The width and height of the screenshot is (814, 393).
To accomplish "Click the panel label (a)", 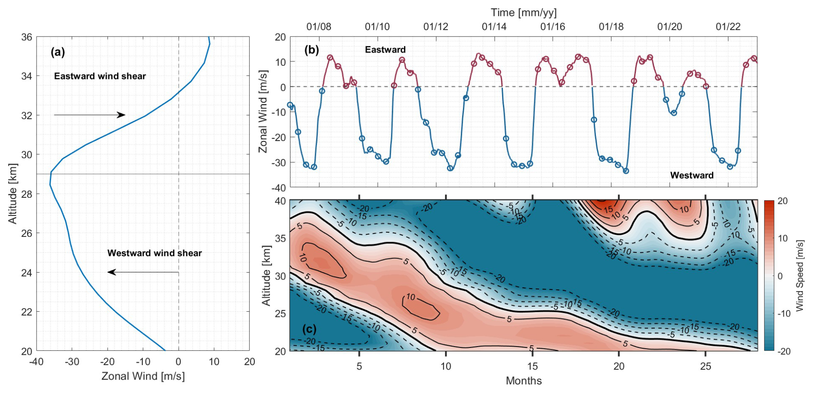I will pyautogui.click(x=58, y=52).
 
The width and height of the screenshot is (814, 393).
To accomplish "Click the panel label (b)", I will pyautogui.click(x=311, y=50).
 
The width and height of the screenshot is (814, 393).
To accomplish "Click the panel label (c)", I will pyautogui.click(x=309, y=329).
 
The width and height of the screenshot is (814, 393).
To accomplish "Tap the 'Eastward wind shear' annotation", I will pyautogui.click(x=100, y=76).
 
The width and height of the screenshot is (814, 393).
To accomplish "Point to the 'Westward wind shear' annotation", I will pyautogui.click(x=154, y=253).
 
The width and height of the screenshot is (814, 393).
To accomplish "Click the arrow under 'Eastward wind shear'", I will pyautogui.click(x=89, y=115).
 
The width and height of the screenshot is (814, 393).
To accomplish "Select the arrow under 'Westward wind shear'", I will pyautogui.click(x=143, y=272).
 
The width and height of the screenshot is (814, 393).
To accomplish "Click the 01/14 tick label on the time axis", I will pyautogui.click(x=494, y=27).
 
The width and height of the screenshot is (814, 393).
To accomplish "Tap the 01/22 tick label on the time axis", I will pyautogui.click(x=728, y=27).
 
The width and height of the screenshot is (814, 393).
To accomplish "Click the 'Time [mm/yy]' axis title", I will pyautogui.click(x=524, y=12).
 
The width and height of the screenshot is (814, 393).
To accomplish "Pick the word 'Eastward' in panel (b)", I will pyautogui.click(x=385, y=49).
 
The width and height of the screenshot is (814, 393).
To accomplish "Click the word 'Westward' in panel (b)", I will pyautogui.click(x=692, y=175).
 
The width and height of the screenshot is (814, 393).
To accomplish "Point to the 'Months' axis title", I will pyautogui.click(x=524, y=381).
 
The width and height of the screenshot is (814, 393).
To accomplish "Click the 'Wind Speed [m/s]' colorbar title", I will pyautogui.click(x=799, y=276).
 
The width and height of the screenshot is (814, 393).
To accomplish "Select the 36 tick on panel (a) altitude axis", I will pyautogui.click(x=27, y=37).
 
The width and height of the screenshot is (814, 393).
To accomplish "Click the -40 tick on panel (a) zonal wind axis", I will pyautogui.click(x=36, y=362).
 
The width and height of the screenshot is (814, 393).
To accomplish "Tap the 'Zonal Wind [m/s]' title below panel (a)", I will pyautogui.click(x=143, y=376).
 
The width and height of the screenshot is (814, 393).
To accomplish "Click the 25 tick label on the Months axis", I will pyautogui.click(x=706, y=366).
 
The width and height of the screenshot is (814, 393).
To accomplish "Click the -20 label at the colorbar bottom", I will pyautogui.click(x=784, y=351).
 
